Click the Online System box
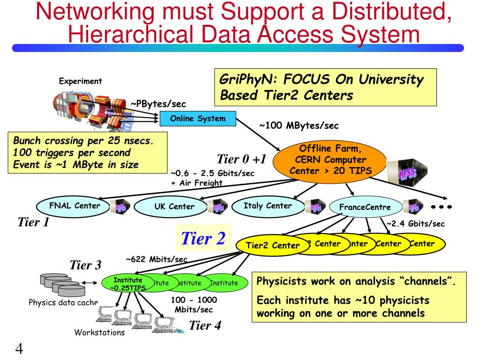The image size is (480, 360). (197, 119)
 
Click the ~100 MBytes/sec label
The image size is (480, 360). (299, 126)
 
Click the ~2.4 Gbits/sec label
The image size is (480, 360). (415, 224)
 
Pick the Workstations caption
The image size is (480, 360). (99, 333)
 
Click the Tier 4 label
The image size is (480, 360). (205, 325)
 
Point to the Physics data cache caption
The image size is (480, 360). (63, 302)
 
